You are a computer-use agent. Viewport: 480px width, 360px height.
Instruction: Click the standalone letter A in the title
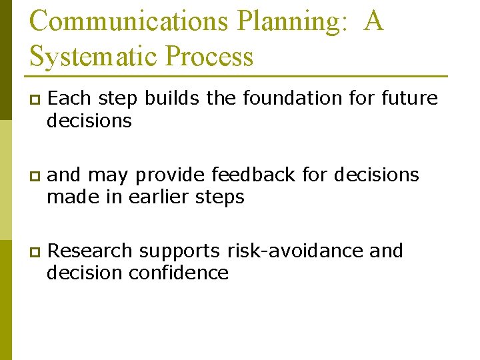[x=374, y=21]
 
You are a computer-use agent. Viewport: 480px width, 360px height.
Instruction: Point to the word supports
[x=179, y=252]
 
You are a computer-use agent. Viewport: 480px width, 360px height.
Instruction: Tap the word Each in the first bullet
[x=71, y=98]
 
